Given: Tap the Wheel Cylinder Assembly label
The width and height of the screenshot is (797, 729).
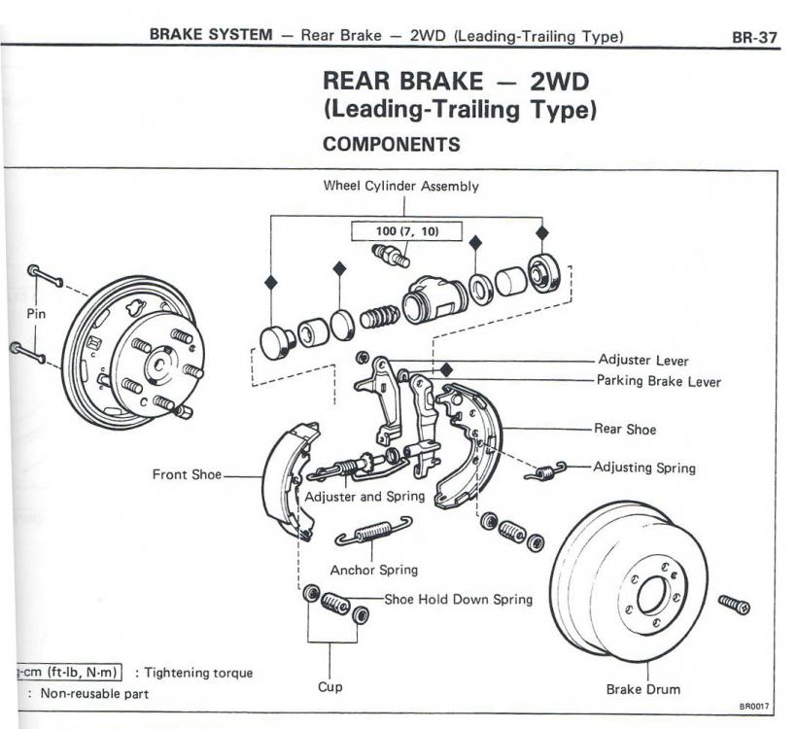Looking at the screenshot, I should [400, 187].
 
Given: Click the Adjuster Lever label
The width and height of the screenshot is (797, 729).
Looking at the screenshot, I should [643, 361].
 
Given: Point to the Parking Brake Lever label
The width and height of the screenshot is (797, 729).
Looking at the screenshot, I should [658, 382].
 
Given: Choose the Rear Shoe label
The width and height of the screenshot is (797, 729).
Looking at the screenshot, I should [625, 428].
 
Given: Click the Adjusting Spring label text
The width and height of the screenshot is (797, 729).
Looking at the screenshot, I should [644, 468].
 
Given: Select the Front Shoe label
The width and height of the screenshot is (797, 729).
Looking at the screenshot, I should [186, 475].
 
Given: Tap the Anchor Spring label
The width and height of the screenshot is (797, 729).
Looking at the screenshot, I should [373, 571].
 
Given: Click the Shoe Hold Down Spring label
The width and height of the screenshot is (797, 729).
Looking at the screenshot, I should [458, 600].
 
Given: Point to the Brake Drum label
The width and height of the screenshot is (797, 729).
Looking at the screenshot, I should [642, 689].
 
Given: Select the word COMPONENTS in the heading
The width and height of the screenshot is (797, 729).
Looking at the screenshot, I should [392, 144].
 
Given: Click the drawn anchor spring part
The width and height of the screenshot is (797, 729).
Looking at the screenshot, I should [373, 532].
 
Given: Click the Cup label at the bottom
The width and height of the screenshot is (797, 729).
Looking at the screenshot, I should [330, 687].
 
